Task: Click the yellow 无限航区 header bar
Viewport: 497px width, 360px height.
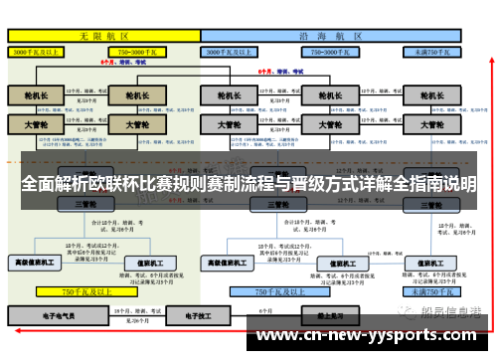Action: [x=103, y=35]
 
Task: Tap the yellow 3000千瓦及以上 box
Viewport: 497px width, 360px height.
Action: [x=36, y=50]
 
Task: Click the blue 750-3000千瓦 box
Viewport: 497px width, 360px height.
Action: [x=322, y=50]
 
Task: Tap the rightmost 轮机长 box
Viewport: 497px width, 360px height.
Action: [x=430, y=95]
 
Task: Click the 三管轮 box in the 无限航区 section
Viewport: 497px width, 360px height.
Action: [x=84, y=204]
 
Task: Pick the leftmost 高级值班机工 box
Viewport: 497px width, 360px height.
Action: [x=33, y=263]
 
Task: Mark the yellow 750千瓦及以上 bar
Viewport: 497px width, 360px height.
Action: [x=84, y=292]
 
